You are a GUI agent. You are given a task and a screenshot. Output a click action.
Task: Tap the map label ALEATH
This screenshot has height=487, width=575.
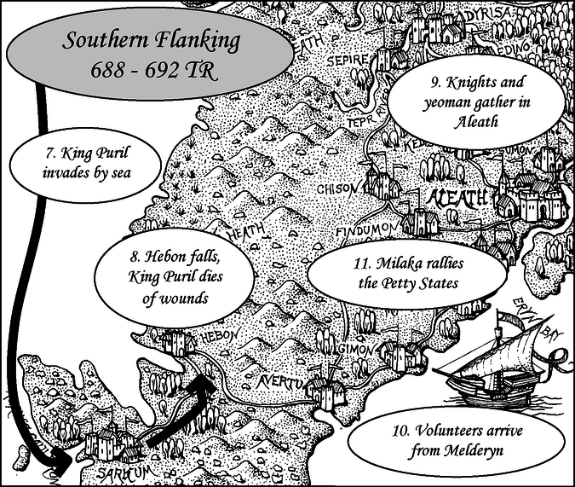pos(460,200)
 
